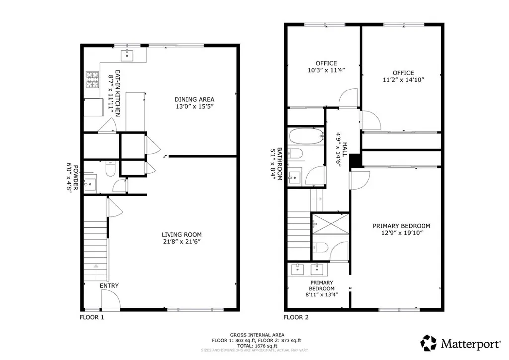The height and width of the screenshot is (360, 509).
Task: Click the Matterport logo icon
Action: coord(428,343)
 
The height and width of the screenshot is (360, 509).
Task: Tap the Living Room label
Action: coord(181,235)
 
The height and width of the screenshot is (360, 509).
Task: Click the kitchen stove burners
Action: coord(93,80)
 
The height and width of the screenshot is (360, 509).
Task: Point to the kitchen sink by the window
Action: coord(129,54)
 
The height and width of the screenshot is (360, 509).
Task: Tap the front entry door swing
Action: coord(110,299)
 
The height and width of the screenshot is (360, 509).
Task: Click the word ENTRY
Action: coord(109,286)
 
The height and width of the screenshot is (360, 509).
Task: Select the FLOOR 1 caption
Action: coord(92,317)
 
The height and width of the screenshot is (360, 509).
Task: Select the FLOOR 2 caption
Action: coord(296,317)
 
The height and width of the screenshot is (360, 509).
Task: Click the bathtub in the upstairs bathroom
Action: coord(304,136)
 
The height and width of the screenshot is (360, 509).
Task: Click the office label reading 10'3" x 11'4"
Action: coord(326,70)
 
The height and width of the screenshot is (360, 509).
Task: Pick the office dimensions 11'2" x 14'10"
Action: coord(403,80)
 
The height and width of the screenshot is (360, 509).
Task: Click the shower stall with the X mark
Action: coord(330,224)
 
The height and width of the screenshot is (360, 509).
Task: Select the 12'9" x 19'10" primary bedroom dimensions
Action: coord(402,233)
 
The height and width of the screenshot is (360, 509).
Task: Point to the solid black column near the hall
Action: coord(356,160)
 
